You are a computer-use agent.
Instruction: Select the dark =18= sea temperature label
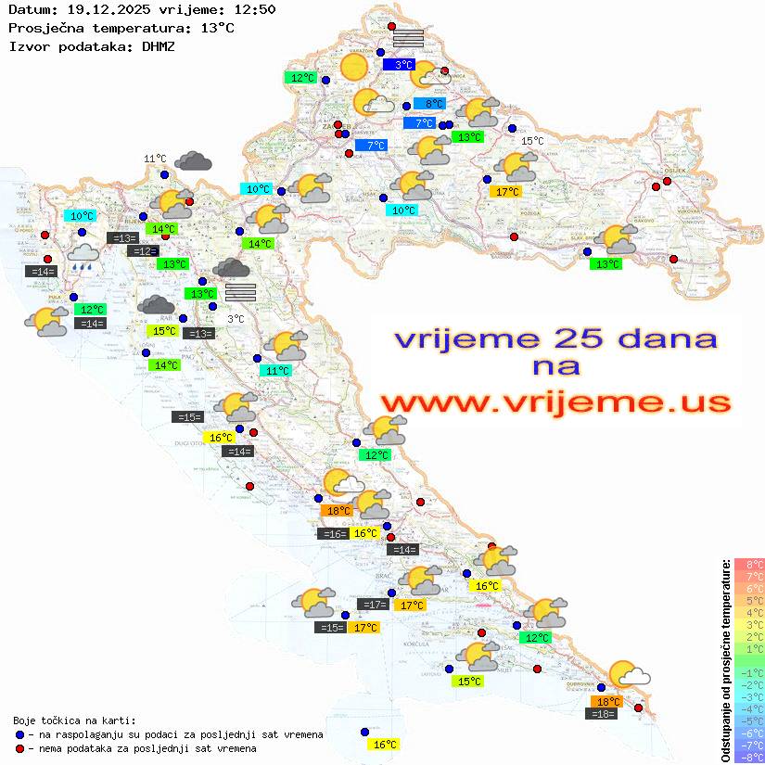[x=604, y=713]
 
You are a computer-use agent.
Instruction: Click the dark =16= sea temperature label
[x=333, y=533]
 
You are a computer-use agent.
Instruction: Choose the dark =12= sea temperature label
[x=143, y=251]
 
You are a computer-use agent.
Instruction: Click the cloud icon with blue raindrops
[x=83, y=256]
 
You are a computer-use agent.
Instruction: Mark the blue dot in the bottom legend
[x=19, y=734]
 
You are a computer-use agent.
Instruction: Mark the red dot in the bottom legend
[x=19, y=748]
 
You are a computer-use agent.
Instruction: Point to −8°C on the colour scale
[x=748, y=757]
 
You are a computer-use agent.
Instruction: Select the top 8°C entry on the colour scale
[x=748, y=564]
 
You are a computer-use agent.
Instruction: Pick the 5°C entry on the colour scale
[x=748, y=600]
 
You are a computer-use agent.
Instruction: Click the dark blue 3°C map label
[x=403, y=65]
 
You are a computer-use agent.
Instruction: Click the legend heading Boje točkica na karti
[x=74, y=720]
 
